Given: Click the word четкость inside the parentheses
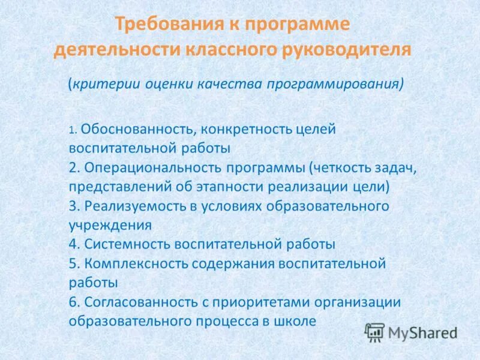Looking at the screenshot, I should (340, 167).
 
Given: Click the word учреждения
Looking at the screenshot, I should (109, 226).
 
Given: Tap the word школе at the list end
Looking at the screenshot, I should (295, 321).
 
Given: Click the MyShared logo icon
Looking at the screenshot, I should (374, 332).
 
